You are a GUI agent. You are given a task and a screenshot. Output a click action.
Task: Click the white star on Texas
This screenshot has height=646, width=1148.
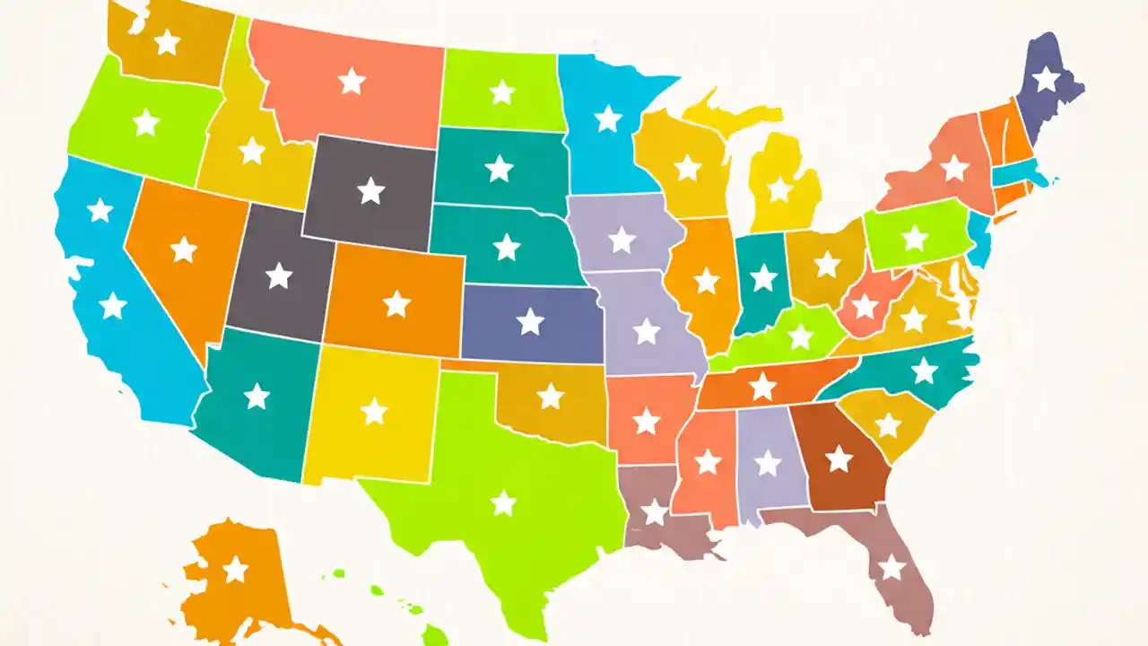pos(503,503)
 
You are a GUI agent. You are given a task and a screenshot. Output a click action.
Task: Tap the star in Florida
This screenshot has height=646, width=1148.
pos(891,567)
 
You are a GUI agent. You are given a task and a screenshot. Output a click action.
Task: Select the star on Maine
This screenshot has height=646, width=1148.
pos(1046,79)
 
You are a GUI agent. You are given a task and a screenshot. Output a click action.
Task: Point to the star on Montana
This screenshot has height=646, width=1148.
pos(352,82)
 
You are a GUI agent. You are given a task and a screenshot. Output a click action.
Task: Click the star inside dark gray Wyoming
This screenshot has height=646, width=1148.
pos(370,190)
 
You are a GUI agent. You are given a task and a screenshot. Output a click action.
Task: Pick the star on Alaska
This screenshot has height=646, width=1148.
pos(235,569)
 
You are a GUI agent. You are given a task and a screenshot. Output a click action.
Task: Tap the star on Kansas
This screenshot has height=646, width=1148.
pos(530,321)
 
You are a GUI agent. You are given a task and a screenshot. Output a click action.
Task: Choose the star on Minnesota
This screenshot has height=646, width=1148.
pos(608,118)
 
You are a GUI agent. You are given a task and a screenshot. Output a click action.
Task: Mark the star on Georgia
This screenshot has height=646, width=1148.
pos(839,459)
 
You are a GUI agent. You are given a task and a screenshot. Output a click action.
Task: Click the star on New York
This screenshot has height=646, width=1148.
pos(954,168)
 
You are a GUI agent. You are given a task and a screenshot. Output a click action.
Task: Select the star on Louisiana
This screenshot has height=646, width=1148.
pos(655,512)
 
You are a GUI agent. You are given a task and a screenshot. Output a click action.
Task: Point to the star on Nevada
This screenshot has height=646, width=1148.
pos(183,249)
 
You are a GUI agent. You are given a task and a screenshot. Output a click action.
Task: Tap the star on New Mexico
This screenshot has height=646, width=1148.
pos(373,411)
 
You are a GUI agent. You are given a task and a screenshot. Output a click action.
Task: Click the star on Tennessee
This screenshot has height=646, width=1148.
pos(762,386)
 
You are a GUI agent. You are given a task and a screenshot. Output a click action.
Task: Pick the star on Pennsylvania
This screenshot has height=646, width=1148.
pos(914,238)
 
